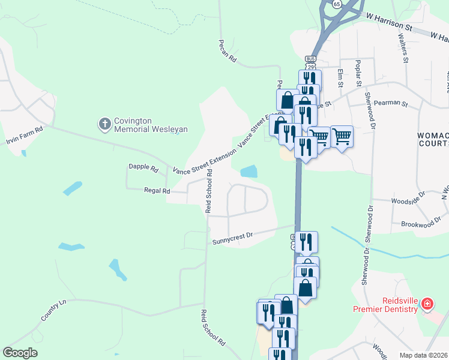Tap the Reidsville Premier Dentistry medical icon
click(426, 304)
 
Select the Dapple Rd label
click(143, 167)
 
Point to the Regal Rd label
click(157, 191)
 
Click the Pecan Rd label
click(228, 53)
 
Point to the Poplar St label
click(358, 72)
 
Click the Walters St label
click(403, 47)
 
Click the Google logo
click(20, 353)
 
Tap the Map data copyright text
click(424, 355)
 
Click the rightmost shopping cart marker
click(342, 136)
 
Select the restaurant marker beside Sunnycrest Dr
click(306, 242)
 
